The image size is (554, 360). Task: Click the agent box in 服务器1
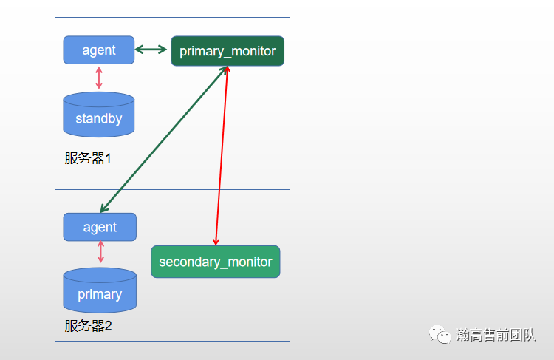[x=99, y=50]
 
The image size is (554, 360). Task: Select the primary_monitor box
[x=228, y=51]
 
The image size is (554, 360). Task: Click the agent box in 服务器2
[x=100, y=227]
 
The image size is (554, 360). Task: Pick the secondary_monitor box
[x=216, y=262]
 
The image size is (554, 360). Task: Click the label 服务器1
[x=87, y=157]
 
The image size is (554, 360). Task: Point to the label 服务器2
[x=88, y=325]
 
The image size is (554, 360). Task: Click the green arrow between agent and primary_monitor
[x=151, y=50]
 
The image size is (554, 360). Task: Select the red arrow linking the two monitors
[x=222, y=155]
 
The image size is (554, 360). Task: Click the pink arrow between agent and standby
[x=99, y=78]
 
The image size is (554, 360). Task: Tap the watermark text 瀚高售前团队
[x=496, y=335]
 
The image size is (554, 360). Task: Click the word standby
[x=99, y=119]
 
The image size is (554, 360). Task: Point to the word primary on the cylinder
[x=100, y=294]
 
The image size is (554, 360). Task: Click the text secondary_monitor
[x=216, y=262]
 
